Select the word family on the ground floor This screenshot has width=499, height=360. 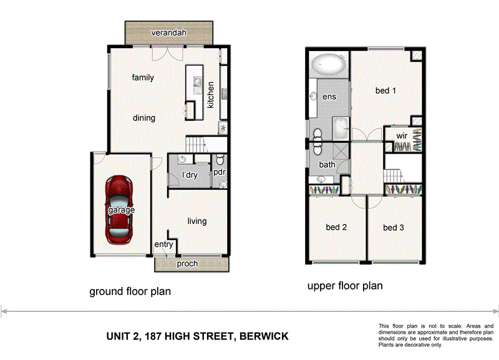143,78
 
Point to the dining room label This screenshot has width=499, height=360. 143,118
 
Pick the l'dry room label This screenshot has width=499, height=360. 189,175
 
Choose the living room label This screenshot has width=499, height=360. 197,221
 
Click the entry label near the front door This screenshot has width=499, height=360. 163,245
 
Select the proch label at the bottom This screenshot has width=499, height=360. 187,264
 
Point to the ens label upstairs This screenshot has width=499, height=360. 329,97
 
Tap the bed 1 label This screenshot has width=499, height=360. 385,91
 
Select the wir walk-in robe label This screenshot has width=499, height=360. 402,134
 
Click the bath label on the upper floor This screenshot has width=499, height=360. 327,165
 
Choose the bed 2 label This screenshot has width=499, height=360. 336,228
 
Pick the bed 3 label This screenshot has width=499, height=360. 394,228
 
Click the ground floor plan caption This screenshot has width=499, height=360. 130,291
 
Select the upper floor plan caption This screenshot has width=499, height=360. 345,286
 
